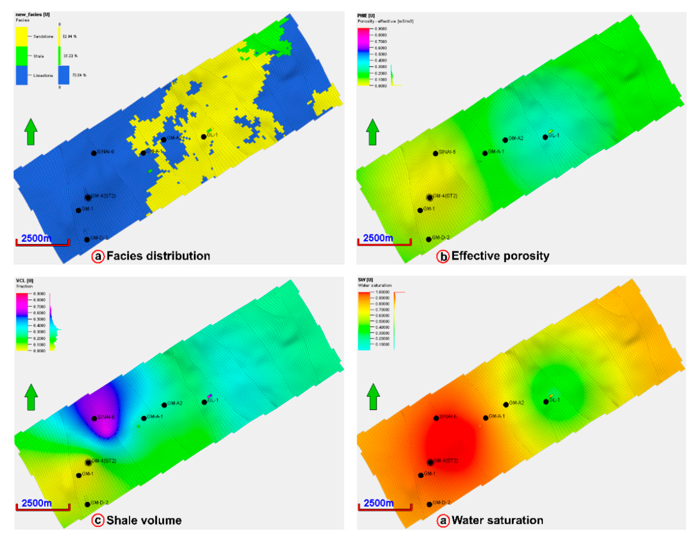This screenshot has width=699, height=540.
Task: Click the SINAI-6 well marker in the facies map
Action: pyautogui.click(x=94, y=153)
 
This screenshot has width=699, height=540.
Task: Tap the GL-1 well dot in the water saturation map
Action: pyautogui.click(x=546, y=402)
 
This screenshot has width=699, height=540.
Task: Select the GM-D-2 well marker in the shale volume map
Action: pyautogui.click(x=87, y=504)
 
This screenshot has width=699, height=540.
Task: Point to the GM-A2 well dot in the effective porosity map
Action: pyautogui.click(x=505, y=140)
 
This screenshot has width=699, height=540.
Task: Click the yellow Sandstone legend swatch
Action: pyautogui.click(x=22, y=36)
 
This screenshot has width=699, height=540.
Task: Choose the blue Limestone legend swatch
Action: pyautogui.click(x=22, y=75)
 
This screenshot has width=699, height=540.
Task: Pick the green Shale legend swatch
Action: pyautogui.click(x=22, y=56)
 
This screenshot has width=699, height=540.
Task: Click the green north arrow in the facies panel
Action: pyautogui.click(x=31, y=132)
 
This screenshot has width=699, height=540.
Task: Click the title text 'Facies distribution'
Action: pyautogui.click(x=158, y=256)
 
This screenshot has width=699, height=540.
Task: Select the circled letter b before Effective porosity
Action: pyautogui.click(x=443, y=257)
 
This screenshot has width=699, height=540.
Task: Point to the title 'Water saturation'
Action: pyautogui.click(x=497, y=520)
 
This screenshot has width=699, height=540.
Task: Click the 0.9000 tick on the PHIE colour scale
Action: pyautogui.click(x=381, y=29)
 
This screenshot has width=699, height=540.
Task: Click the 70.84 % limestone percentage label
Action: pyautogui.click(x=79, y=75)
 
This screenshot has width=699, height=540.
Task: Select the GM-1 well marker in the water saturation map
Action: pyautogui.click(x=421, y=475)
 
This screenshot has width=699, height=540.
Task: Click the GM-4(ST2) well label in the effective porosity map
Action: pyautogui.click(x=445, y=196)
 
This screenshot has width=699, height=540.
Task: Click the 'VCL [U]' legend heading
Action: pyautogui.click(x=25, y=281)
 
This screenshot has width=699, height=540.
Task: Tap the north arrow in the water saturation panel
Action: pyautogui.click(x=373, y=397)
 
